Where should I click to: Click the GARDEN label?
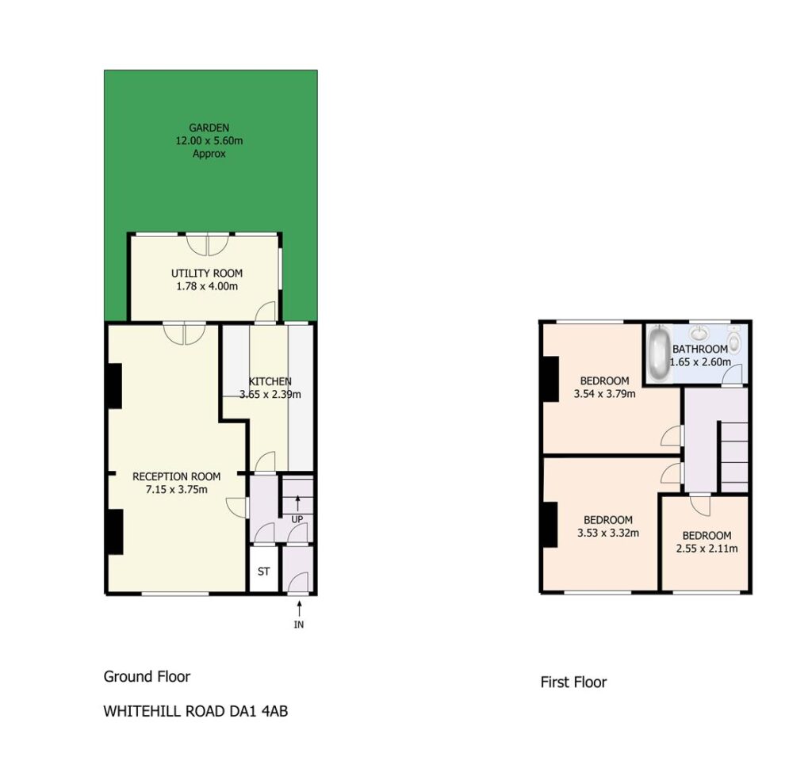click(x=209, y=128)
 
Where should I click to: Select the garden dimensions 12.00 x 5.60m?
click(x=209, y=140)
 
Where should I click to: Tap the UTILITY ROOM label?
click(x=207, y=273)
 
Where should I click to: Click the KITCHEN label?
click(x=270, y=381)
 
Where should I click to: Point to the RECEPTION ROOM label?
click(x=177, y=476)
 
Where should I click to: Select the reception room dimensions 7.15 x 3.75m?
click(x=177, y=489)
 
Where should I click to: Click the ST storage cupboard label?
click(x=263, y=572)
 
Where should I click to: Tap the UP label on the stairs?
click(x=297, y=519)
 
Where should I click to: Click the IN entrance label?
click(x=299, y=625)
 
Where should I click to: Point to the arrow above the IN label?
click(x=299, y=608)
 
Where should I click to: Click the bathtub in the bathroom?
click(x=658, y=353)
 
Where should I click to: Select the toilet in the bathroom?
click(x=733, y=342)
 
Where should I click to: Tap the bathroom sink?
click(x=699, y=332)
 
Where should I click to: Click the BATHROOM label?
click(x=700, y=349)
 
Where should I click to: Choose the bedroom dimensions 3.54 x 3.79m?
click(x=604, y=393)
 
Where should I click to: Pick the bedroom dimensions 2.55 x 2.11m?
click(x=707, y=548)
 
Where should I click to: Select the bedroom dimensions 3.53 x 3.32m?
click(x=608, y=533)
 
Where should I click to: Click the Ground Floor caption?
click(x=147, y=676)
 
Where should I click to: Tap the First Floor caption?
click(x=573, y=682)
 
